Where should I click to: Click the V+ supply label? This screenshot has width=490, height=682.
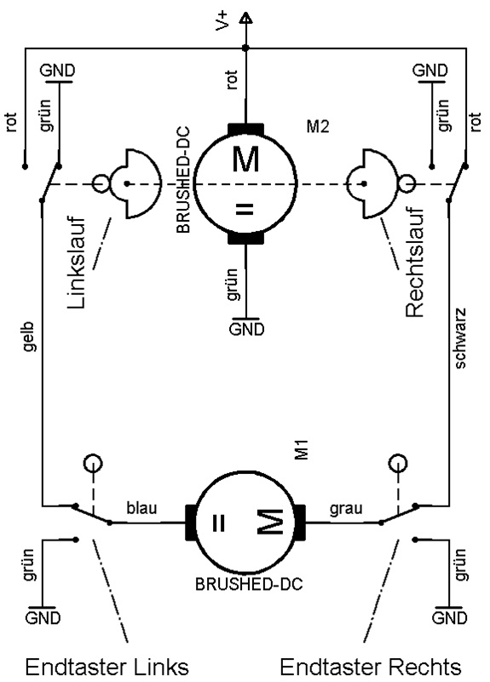[222, 21]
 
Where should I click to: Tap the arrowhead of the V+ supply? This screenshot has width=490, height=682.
[245, 18]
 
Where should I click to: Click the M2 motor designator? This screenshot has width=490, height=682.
[318, 126]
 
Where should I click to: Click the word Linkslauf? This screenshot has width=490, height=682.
[76, 263]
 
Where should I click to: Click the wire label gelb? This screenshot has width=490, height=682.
[29, 337]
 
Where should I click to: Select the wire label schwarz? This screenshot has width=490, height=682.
[459, 338]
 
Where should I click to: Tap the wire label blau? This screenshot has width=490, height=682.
[141, 507]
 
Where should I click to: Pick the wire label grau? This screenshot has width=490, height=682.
[346, 508]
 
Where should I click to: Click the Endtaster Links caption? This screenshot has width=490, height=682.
[107, 667]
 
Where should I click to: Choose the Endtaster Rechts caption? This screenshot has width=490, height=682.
[371, 667]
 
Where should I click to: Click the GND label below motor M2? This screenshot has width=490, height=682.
[246, 329]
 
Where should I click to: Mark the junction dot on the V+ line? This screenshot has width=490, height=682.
[245, 48]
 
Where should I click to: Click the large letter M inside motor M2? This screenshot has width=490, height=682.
[245, 159]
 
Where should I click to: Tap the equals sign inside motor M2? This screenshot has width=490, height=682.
[245, 209]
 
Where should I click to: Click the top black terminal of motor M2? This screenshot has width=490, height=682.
[245, 130]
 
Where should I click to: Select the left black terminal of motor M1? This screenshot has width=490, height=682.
[190, 523]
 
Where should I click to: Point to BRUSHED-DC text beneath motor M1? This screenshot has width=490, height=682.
[249, 584]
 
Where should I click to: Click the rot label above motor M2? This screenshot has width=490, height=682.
[232, 79]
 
